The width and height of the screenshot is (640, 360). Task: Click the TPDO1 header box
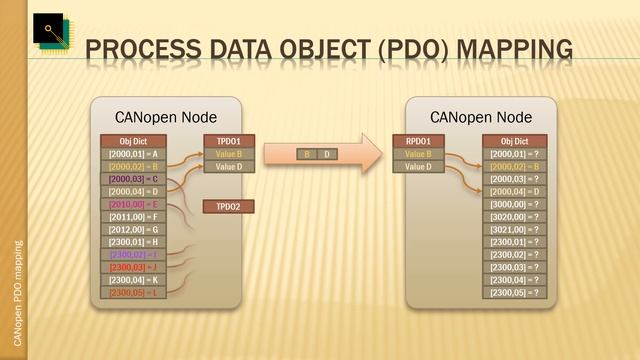pyautogui.click(x=229, y=141)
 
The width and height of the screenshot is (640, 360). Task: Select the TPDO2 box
pyautogui.click(x=229, y=206)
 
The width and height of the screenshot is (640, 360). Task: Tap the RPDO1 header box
pyautogui.click(x=418, y=141)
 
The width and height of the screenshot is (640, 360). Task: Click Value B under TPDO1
pyautogui.click(x=229, y=154)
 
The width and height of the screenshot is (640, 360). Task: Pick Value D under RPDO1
pyautogui.click(x=418, y=167)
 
